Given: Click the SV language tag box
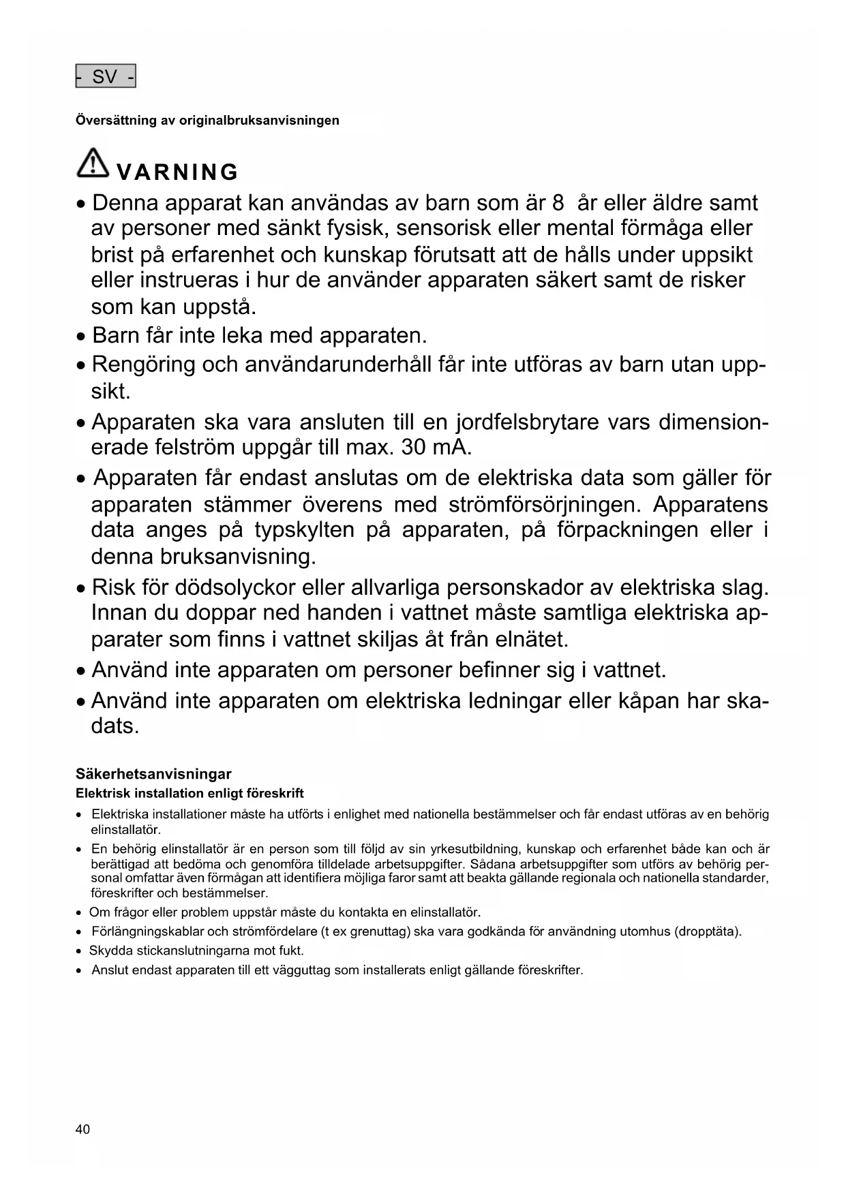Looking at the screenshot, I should [106, 76].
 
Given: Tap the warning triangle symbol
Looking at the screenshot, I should [93, 164].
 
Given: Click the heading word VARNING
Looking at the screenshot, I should [177, 172].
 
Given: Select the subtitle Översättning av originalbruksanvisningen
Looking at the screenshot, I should [207, 121].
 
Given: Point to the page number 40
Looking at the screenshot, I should [82, 1130].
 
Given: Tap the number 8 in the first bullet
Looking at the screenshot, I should [558, 203].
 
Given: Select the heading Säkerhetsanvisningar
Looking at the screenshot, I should [153, 774].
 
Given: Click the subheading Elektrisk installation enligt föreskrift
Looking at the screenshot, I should [190, 793].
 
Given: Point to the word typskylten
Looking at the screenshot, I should [304, 530].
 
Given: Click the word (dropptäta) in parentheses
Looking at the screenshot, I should [708, 931].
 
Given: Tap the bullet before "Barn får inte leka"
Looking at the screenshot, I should [81, 337].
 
